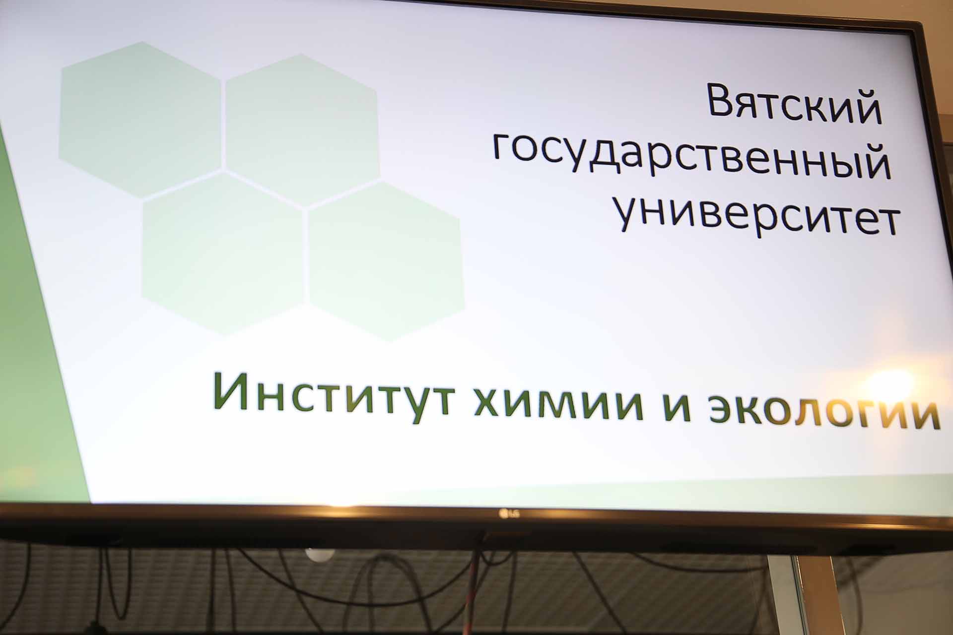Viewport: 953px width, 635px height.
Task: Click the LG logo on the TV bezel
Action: [504, 512]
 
